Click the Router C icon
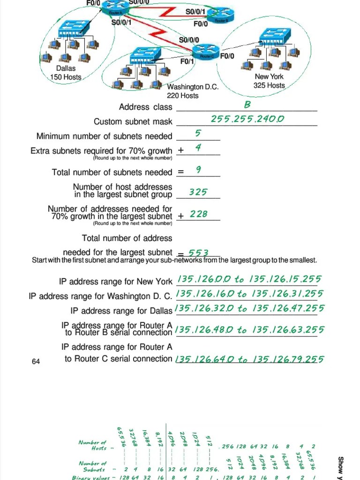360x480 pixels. coord(207,53)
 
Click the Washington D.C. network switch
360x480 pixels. coord(146,56)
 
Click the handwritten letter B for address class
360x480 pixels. coord(247,104)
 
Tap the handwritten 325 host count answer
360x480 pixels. coord(198,192)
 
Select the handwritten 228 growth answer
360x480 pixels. coord(199,214)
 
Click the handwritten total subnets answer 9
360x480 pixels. coord(199,169)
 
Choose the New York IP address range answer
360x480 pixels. coord(249,279)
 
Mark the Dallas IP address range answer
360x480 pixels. coord(249,308)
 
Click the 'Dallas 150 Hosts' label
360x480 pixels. coord(65,73)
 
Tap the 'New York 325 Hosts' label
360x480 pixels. coord(269,81)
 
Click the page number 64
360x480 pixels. coord(36,361)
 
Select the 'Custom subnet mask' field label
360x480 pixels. coord(133,122)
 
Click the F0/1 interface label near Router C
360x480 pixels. coord(187,61)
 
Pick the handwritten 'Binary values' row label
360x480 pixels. coord(90,477)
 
